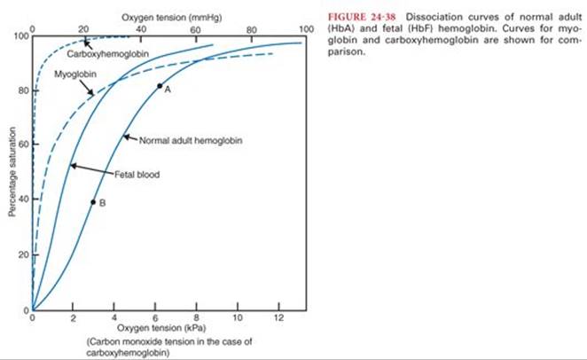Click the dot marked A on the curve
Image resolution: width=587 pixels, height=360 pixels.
pos(160,86)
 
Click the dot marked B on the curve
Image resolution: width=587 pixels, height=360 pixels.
pos(93,202)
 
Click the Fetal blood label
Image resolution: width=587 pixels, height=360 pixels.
pos(136,174)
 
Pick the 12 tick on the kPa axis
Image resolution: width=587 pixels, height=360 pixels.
pos(278,317)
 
